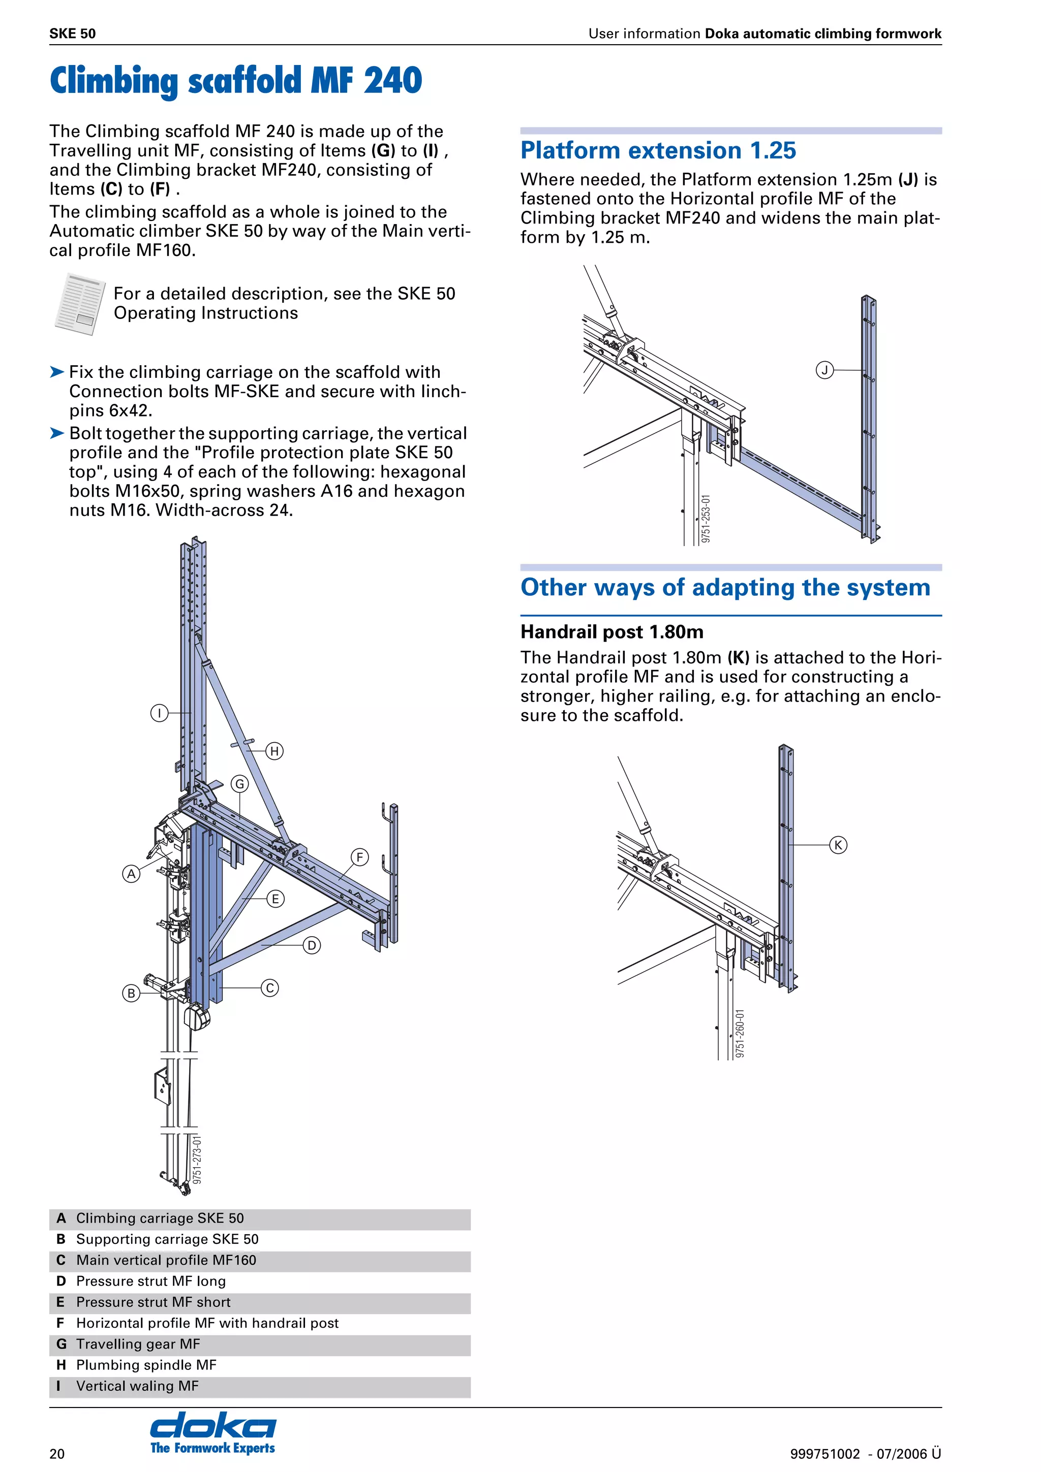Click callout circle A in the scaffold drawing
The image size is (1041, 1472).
click(x=132, y=874)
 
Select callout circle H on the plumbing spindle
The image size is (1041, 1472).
click(x=274, y=751)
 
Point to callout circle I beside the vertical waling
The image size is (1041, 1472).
click(x=159, y=713)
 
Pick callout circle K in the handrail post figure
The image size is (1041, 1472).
click(x=838, y=845)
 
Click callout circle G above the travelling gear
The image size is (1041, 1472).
click(x=240, y=783)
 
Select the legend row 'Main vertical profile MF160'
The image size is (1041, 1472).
click(x=166, y=1260)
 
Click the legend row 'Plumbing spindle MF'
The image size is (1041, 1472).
click(x=146, y=1364)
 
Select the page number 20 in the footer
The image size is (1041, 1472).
click(x=57, y=1453)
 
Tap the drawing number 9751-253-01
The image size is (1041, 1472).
click(x=706, y=519)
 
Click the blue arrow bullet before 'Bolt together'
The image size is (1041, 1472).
click(x=57, y=433)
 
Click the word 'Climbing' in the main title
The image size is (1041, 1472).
click(x=113, y=81)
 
